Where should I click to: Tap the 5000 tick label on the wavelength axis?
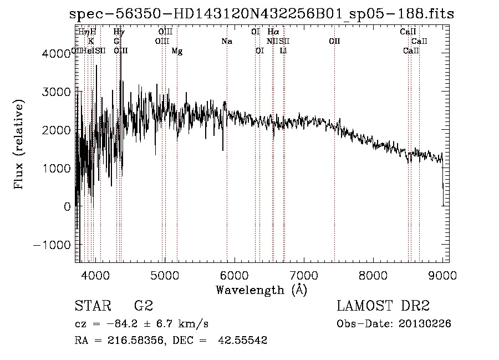point(164,275)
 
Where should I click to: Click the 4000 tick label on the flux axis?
point(57,53)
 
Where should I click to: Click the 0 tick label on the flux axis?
point(68,206)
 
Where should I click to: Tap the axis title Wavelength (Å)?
point(261,290)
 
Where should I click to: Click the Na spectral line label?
point(227,42)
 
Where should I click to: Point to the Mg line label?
point(177,51)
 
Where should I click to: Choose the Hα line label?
point(273,32)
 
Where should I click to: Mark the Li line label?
point(283,51)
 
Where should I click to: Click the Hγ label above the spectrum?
point(119,32)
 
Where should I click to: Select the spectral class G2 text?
point(143,307)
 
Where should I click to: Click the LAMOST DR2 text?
point(384,307)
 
